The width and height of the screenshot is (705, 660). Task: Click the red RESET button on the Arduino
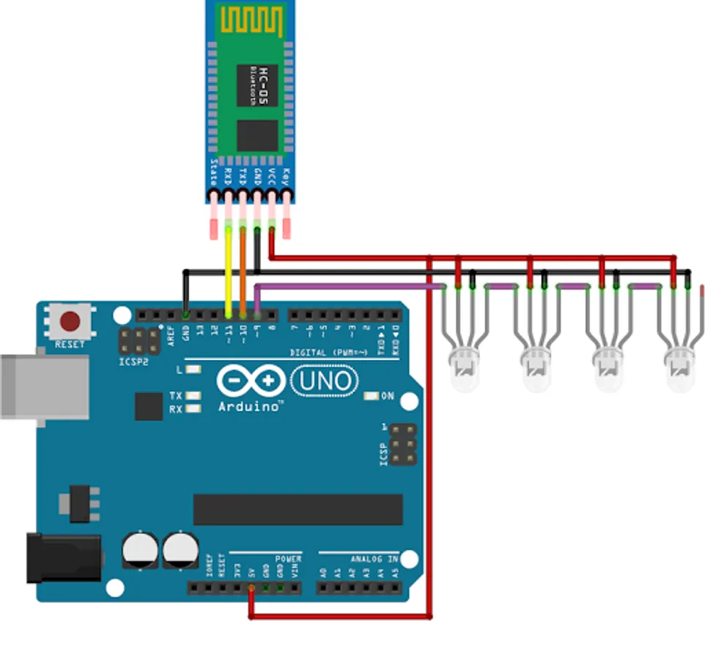click(x=70, y=320)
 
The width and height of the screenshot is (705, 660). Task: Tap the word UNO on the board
click(x=325, y=381)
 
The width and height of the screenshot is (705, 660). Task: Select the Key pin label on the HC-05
click(x=287, y=176)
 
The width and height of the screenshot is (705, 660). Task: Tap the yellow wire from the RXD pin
click(x=229, y=271)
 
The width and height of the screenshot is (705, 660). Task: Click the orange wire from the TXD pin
click(x=243, y=271)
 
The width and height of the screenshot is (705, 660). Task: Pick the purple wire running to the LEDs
click(x=344, y=286)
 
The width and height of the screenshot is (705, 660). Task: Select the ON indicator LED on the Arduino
click(x=371, y=396)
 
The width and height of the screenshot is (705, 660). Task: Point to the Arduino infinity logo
click(x=251, y=381)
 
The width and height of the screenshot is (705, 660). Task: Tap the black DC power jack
click(x=62, y=557)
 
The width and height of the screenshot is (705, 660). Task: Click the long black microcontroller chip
click(x=298, y=509)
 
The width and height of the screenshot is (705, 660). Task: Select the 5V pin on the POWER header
click(x=251, y=587)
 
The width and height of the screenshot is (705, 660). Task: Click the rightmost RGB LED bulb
click(x=679, y=369)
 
